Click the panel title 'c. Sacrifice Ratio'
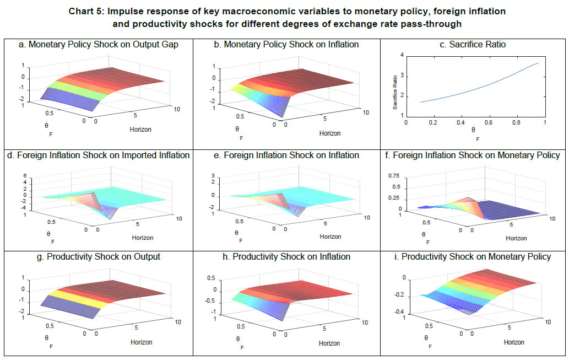[x=473, y=45]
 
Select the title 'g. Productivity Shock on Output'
[x=96, y=257]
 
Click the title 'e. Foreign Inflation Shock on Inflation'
[x=286, y=155]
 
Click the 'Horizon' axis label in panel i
[x=517, y=342]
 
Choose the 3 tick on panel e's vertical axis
[x=212, y=175]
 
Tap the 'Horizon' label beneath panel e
[x=330, y=237]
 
